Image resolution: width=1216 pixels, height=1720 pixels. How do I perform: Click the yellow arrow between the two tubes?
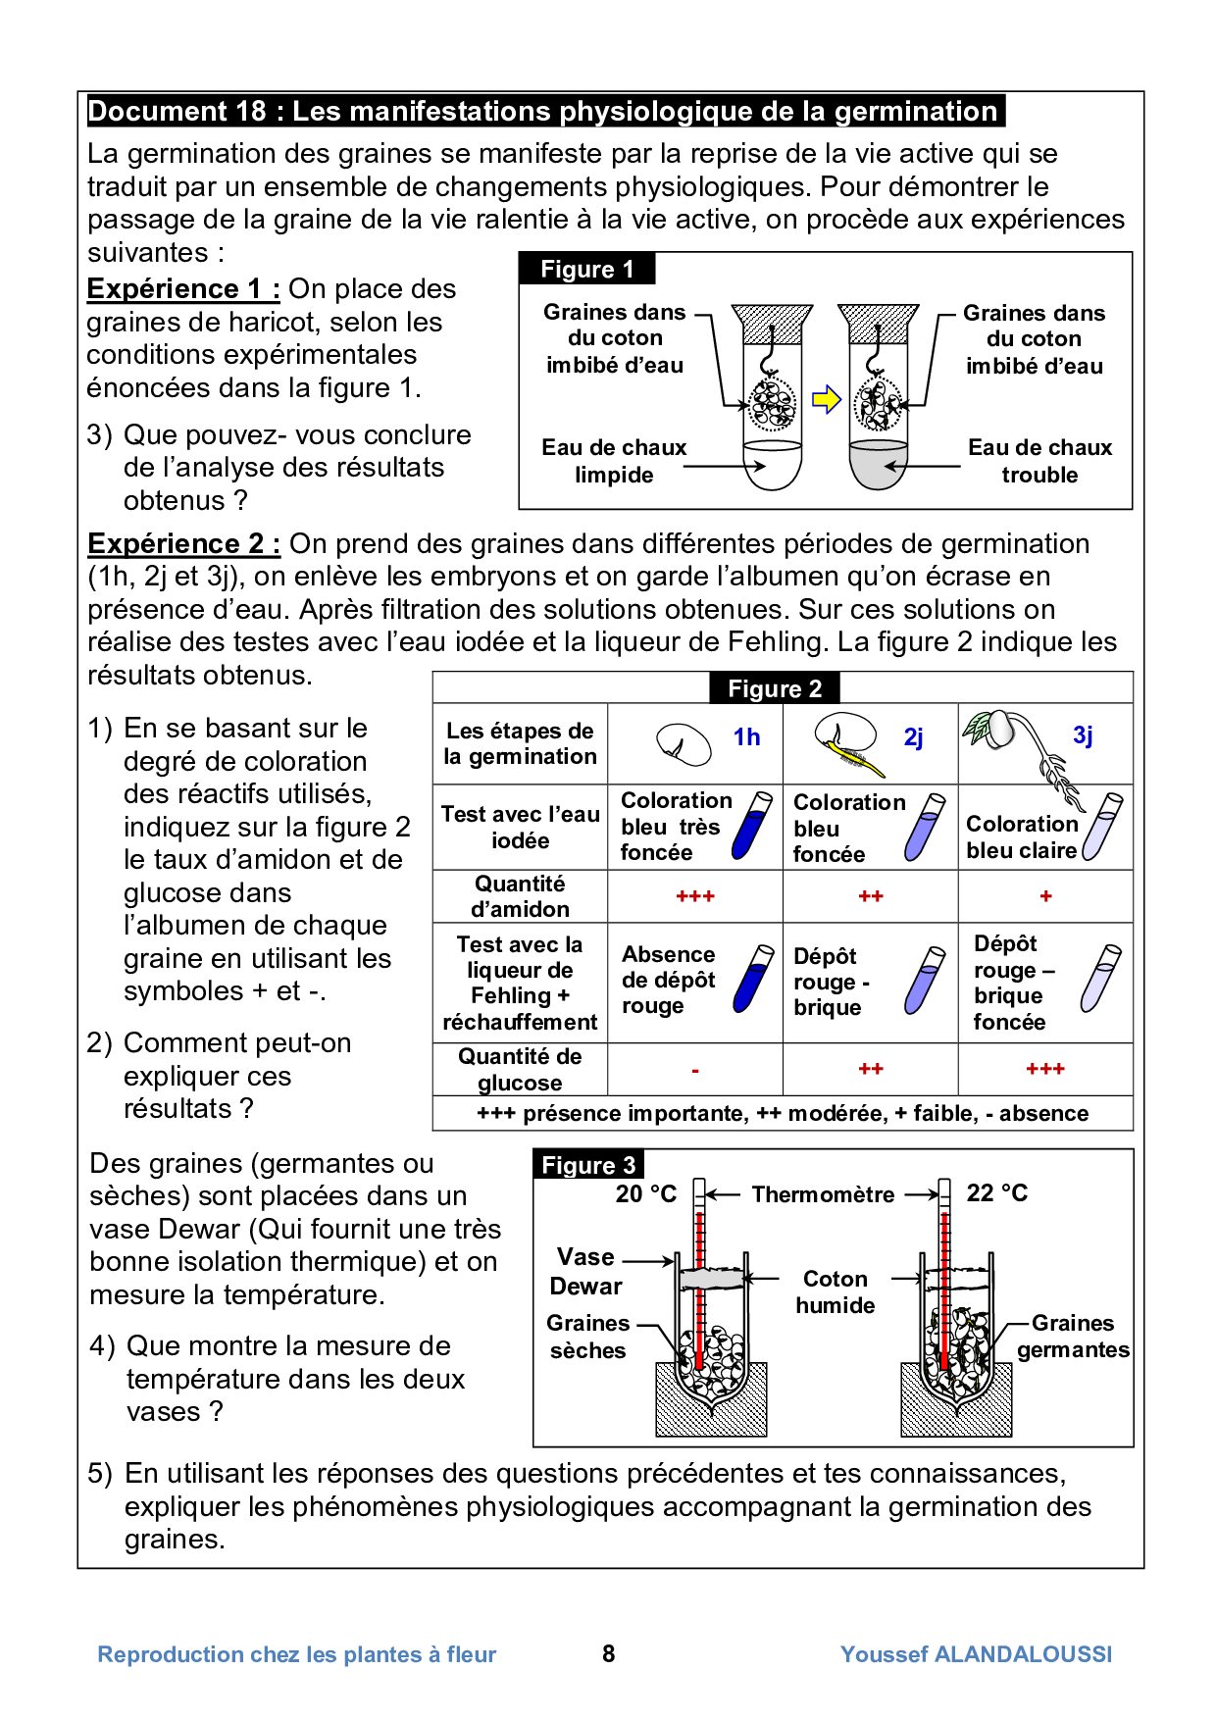click(827, 400)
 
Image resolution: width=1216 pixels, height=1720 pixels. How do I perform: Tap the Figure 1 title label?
click(586, 270)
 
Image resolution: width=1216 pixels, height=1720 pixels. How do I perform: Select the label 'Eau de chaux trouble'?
click(1039, 461)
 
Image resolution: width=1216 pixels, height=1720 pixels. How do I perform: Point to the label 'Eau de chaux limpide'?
click(614, 461)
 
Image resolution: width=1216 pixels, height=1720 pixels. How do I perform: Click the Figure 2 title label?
click(774, 688)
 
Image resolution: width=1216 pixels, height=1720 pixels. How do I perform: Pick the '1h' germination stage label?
click(746, 737)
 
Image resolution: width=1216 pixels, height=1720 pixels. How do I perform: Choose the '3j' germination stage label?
click(1083, 735)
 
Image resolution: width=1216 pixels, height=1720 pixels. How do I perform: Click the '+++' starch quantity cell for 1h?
click(695, 896)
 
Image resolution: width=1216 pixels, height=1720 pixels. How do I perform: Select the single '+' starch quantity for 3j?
click(1045, 896)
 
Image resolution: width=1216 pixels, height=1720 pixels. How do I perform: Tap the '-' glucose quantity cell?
click(695, 1070)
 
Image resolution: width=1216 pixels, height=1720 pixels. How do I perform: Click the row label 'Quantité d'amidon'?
click(520, 896)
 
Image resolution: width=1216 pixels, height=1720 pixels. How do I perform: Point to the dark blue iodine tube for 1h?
click(752, 827)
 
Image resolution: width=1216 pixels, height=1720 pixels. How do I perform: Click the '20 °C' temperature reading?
click(645, 1193)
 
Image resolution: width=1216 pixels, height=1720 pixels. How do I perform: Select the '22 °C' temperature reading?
click(997, 1192)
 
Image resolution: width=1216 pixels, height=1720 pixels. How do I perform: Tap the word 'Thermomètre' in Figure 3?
click(823, 1194)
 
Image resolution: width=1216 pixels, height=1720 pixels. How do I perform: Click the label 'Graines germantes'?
click(1073, 1336)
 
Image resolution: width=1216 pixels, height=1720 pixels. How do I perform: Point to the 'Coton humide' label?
click(835, 1291)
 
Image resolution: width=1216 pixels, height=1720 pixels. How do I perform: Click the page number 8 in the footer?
click(608, 1654)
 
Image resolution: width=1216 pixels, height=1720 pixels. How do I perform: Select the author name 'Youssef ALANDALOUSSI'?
click(976, 1654)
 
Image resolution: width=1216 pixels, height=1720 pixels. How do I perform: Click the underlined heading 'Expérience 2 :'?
click(183, 543)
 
